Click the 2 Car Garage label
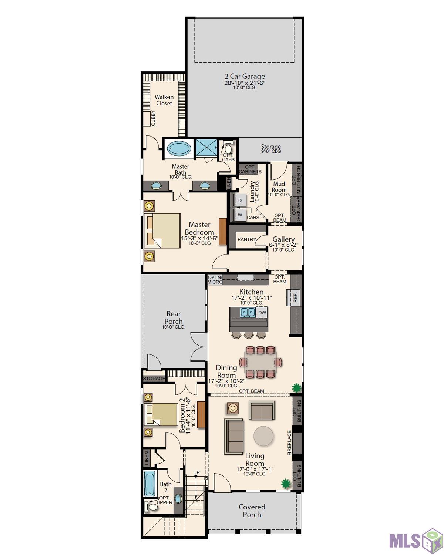[x=245, y=76]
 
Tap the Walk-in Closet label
[x=164, y=100]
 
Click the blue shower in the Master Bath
[x=206, y=148]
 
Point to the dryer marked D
[x=240, y=201]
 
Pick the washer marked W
[x=240, y=215]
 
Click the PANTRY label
[x=247, y=239]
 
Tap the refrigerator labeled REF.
[x=294, y=297]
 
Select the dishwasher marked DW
[x=262, y=313]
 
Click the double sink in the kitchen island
[x=248, y=312]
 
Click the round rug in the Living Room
[x=263, y=436]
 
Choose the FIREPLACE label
[x=289, y=443]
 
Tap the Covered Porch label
[x=252, y=511]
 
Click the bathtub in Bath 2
[x=149, y=484]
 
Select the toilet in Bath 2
[x=151, y=507]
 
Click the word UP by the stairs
[x=196, y=472]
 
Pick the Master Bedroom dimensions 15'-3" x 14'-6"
[x=199, y=238]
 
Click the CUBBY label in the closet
[x=153, y=118]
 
